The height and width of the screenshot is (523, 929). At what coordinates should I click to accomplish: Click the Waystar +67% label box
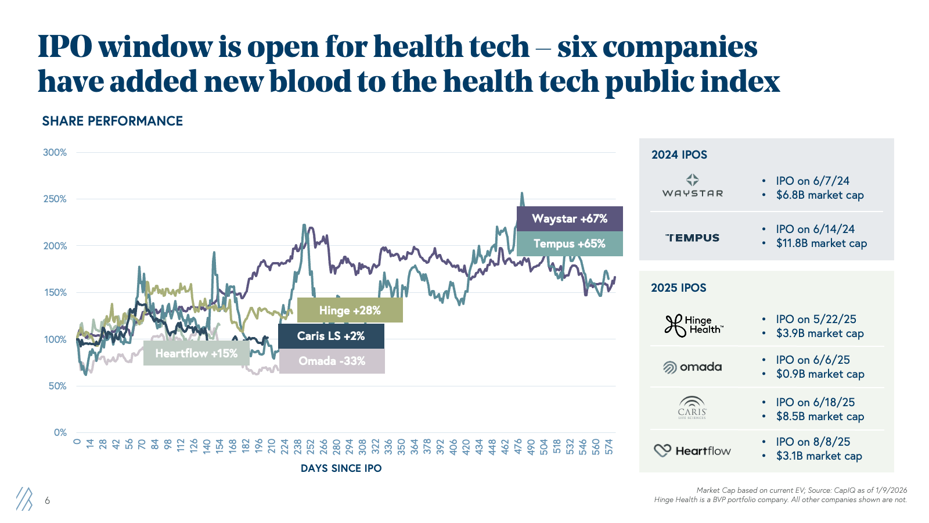(x=570, y=218)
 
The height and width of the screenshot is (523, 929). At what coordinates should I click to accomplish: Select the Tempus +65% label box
(x=570, y=243)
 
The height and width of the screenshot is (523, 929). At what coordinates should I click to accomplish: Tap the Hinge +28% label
(x=350, y=310)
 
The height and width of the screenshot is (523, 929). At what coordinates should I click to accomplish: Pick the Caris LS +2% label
(x=331, y=336)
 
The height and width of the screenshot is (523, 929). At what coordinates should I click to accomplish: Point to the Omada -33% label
(x=332, y=361)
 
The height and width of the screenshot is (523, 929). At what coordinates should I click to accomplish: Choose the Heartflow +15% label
(x=196, y=353)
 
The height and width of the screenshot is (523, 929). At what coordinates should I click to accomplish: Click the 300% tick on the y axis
(x=55, y=153)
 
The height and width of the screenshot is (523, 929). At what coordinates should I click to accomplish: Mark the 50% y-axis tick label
(x=57, y=386)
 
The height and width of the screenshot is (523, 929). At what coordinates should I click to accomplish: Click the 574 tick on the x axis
(x=609, y=447)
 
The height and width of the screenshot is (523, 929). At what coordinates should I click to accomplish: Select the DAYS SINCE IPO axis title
(x=341, y=468)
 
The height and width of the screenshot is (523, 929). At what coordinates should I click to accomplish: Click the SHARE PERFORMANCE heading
(x=113, y=121)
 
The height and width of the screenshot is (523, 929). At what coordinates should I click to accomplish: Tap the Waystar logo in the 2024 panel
(x=693, y=185)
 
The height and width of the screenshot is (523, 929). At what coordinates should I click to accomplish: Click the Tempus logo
(x=692, y=238)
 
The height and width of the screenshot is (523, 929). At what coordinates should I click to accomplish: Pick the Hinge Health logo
(x=694, y=325)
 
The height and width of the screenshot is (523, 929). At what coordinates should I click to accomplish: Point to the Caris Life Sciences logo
(x=692, y=407)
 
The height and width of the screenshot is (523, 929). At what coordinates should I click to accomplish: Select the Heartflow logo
(x=692, y=451)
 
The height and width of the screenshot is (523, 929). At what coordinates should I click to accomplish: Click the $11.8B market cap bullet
(x=821, y=243)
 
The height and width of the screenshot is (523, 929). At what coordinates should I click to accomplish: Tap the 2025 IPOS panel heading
(x=679, y=288)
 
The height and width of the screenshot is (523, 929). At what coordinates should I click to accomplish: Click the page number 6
(x=47, y=500)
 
